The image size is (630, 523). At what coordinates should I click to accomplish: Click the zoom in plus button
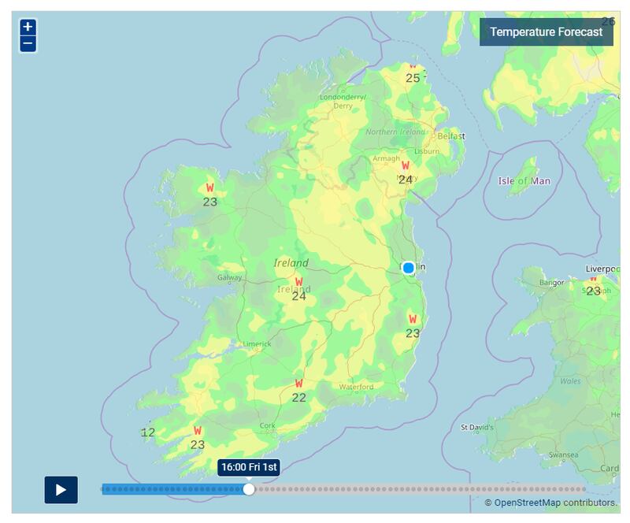click(28, 28)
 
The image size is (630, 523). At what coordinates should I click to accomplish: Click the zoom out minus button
click(28, 43)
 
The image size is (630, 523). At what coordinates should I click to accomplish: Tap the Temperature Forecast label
click(546, 32)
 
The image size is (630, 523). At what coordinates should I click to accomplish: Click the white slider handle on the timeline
click(249, 489)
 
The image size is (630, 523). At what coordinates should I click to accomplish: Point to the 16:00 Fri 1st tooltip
click(249, 467)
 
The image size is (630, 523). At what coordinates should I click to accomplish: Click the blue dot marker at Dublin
click(408, 268)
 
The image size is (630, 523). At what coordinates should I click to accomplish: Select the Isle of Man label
click(524, 181)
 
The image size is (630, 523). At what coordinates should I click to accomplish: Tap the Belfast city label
click(451, 136)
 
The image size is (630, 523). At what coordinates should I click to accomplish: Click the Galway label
click(230, 278)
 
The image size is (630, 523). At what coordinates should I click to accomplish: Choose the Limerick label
click(257, 344)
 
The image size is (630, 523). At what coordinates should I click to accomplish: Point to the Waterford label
click(356, 387)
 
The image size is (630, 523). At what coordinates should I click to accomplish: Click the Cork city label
click(268, 425)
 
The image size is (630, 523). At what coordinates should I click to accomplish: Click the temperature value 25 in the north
click(413, 78)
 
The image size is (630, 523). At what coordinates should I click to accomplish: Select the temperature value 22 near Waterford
click(299, 398)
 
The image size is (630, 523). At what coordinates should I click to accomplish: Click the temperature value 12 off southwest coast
click(147, 432)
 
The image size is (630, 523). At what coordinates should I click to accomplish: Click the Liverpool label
click(602, 269)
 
